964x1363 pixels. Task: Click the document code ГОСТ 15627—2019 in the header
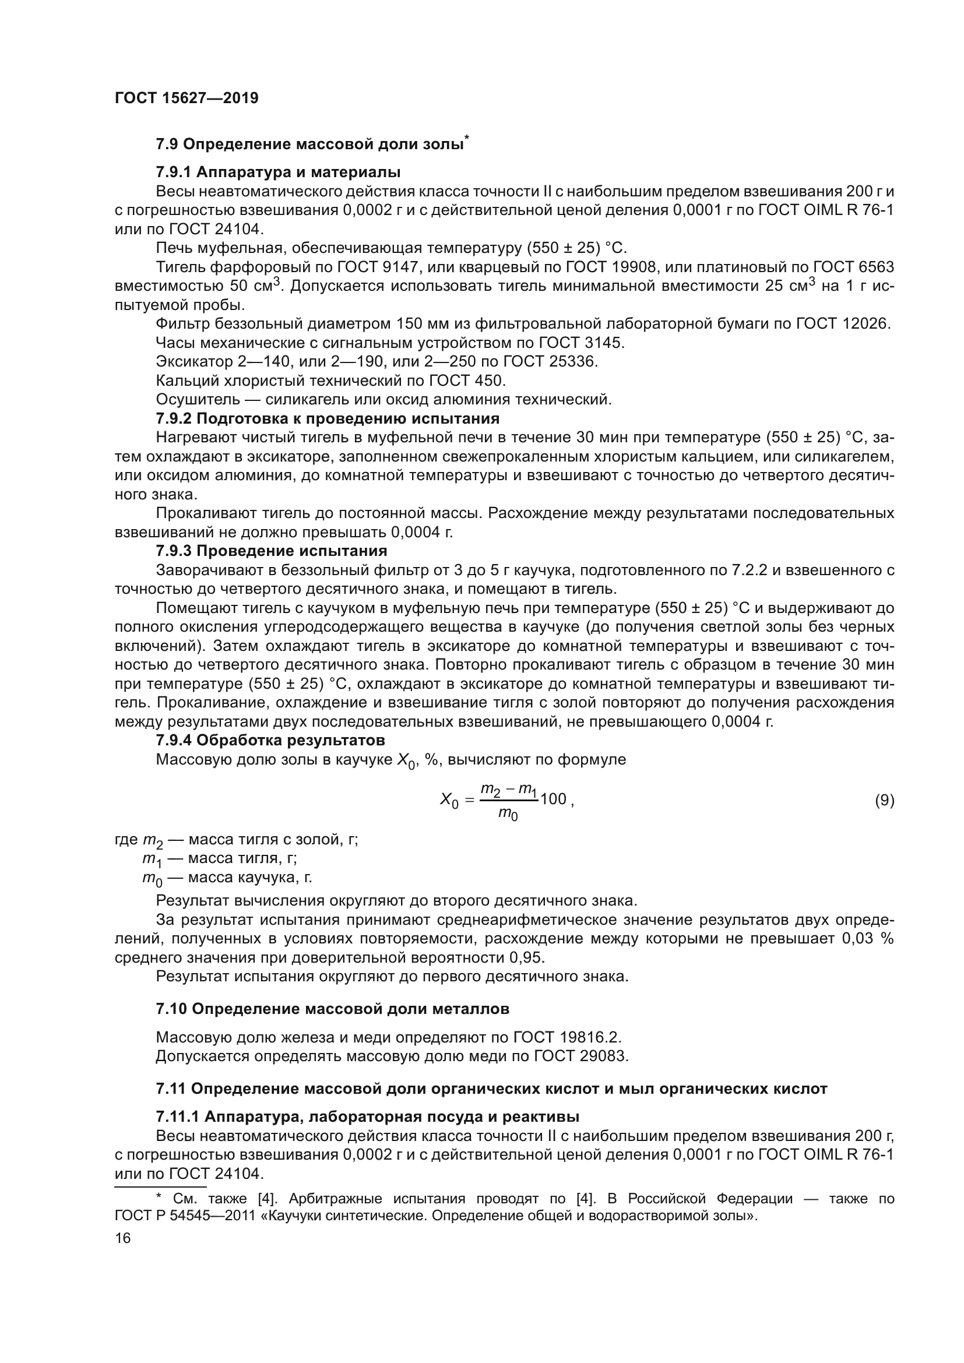coord(187,98)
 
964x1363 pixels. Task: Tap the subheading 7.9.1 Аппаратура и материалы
coord(278,172)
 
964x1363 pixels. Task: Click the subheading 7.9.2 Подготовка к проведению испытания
coord(327,418)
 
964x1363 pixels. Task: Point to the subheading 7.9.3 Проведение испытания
coord(271,551)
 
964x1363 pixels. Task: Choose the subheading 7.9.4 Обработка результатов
coord(270,740)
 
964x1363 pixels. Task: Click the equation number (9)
coord(885,800)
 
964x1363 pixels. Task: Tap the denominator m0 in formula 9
coord(508,816)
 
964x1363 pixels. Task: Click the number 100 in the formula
coord(553,799)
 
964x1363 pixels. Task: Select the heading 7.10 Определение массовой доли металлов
coord(332,1009)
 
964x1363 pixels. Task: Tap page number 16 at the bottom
coord(123,1238)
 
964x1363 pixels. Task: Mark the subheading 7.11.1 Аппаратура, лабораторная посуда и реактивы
coord(367,1117)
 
